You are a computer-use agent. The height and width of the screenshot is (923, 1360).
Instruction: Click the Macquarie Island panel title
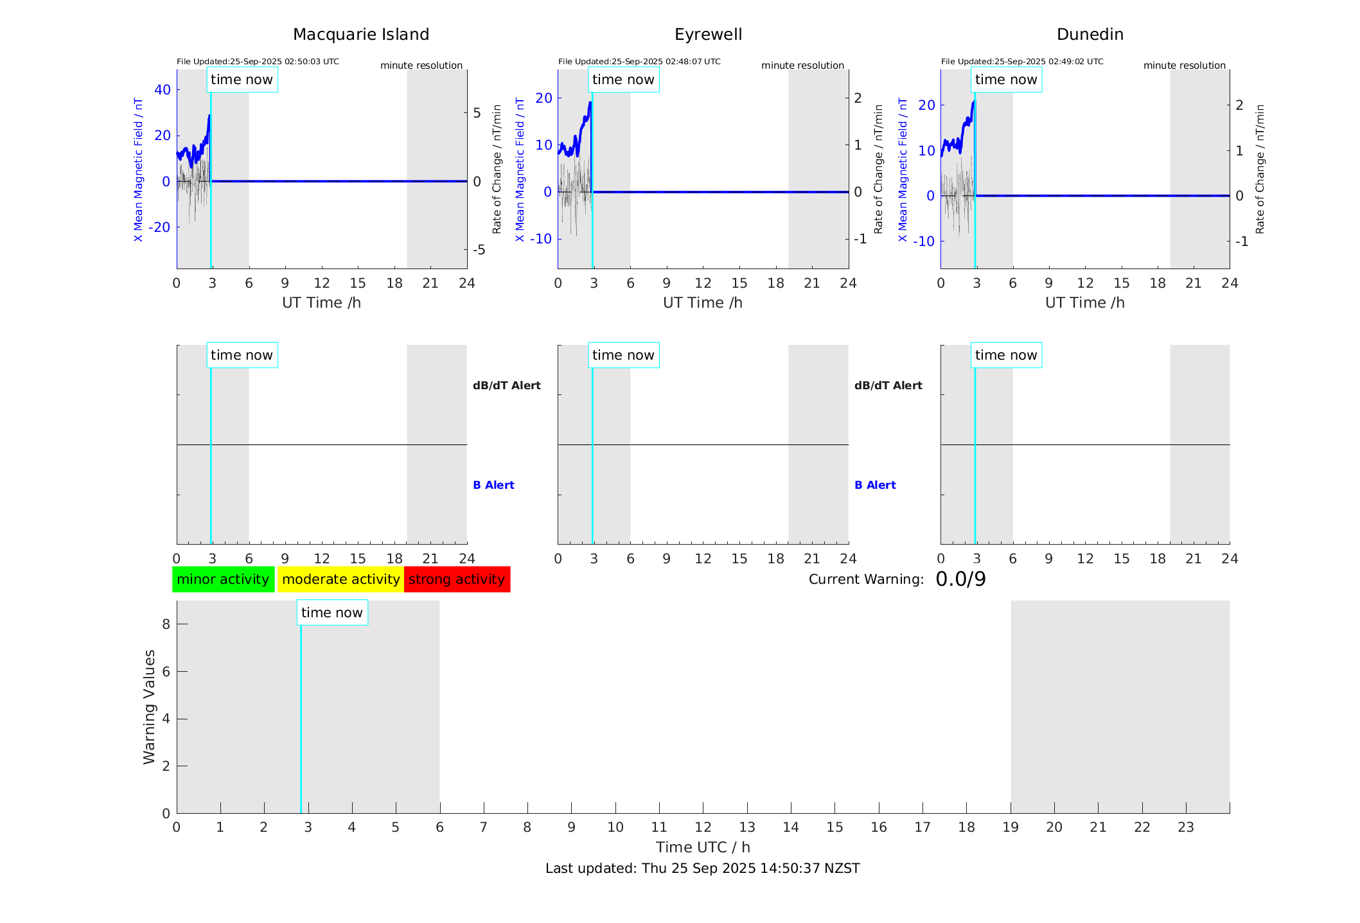pos(360,35)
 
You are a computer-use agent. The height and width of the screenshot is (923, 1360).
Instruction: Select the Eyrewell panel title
pos(708,35)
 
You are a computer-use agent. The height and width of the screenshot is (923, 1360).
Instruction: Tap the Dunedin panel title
pos(1090,35)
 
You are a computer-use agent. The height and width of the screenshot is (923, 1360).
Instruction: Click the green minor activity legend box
pos(223,579)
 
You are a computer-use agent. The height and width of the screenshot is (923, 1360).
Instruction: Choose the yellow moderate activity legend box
pos(340,579)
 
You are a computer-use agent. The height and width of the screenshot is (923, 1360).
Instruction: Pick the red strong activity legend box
pos(457,579)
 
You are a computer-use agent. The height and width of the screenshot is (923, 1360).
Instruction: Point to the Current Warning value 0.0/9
pos(960,579)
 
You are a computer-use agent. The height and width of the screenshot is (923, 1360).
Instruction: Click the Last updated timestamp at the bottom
pos(702,868)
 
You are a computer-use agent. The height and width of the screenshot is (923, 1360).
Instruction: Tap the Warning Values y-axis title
pos(149,707)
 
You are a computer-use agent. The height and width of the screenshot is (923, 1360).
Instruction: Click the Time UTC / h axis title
pos(702,847)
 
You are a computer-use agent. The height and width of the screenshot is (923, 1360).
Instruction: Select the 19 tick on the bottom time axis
pos(1011,827)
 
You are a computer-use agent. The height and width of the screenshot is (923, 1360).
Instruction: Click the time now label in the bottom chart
pos(332,613)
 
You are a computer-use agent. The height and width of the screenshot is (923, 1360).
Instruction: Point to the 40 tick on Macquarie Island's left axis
pos(163,90)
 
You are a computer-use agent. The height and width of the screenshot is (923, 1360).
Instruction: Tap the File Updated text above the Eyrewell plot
pos(639,62)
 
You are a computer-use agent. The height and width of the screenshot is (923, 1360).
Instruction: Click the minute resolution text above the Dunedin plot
pos(1184,66)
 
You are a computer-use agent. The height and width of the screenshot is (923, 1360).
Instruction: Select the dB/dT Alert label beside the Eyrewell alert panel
pos(888,385)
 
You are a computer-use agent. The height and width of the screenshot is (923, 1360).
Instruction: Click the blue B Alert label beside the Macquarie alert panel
pos(493,485)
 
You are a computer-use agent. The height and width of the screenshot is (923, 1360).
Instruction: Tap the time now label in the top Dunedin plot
pos(1006,80)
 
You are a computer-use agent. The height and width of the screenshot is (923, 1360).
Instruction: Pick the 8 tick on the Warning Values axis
pos(166,624)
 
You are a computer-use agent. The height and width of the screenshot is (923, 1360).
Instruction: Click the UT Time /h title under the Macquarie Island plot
pos(321,303)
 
